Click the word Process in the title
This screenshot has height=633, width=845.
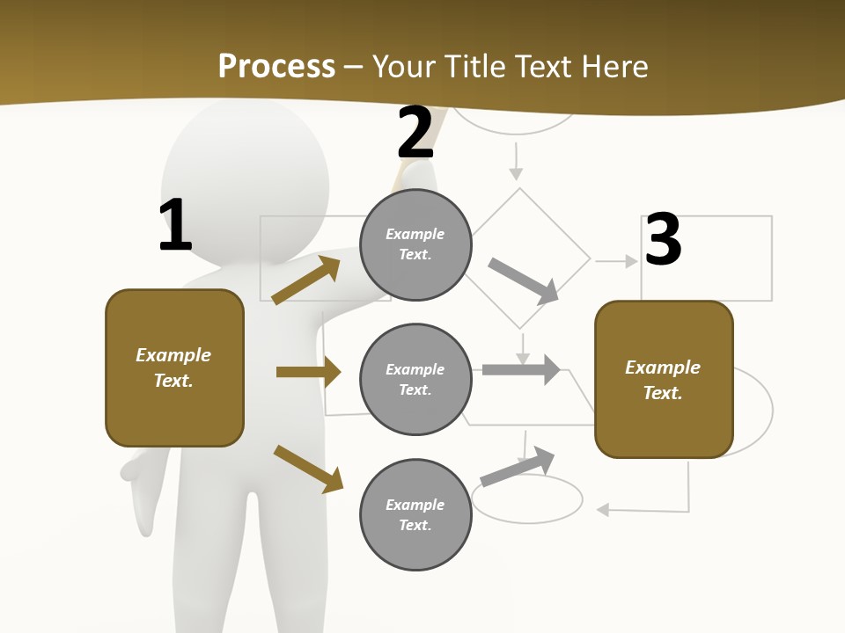[x=276, y=66]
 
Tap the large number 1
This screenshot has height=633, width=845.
[x=175, y=225]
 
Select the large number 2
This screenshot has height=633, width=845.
[x=415, y=132]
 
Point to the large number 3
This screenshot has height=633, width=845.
[x=663, y=240]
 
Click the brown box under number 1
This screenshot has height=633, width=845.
[x=174, y=367]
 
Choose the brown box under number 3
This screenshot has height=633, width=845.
[x=664, y=379]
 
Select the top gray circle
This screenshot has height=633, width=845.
[x=415, y=244]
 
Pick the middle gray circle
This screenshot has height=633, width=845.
[x=415, y=379]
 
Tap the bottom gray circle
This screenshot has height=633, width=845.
[x=415, y=514]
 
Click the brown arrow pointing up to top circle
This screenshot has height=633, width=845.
[x=306, y=280]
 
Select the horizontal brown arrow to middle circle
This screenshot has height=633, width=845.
[x=308, y=372]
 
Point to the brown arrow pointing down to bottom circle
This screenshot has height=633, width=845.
[x=308, y=469]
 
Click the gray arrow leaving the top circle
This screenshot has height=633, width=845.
[x=523, y=280]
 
